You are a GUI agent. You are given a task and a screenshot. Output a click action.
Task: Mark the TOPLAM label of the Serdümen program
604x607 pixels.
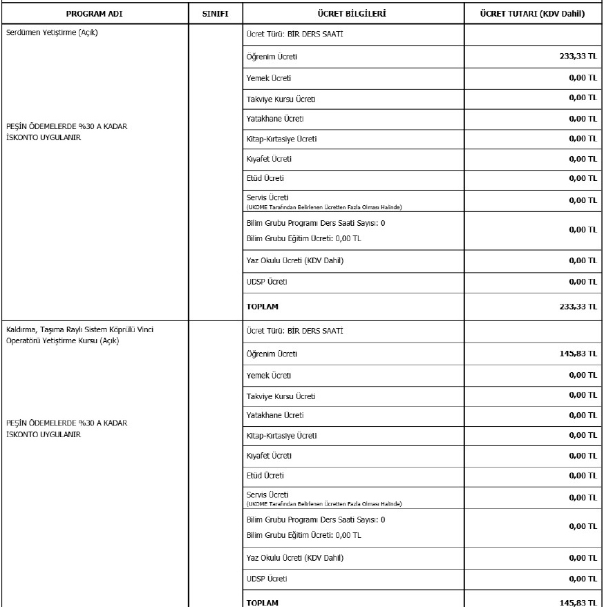click(x=263, y=307)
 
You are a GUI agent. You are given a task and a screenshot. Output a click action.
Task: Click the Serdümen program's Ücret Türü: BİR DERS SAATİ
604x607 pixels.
click(x=295, y=34)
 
